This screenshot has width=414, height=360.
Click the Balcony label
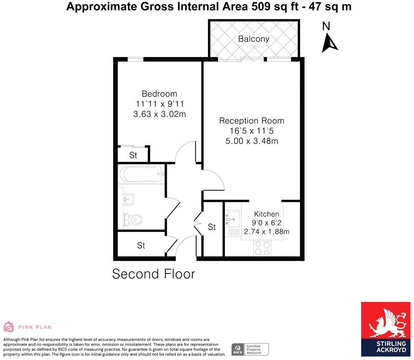click(x=254, y=39)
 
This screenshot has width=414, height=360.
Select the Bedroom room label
click(x=159, y=94)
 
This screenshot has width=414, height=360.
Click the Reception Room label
click(x=252, y=121)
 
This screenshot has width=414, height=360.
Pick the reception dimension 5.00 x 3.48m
click(x=252, y=141)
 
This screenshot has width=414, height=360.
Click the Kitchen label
click(x=267, y=214)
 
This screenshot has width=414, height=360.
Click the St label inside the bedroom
click(x=133, y=156)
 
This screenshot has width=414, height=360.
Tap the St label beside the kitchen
click(x=212, y=227)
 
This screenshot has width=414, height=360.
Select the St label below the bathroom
click(x=141, y=246)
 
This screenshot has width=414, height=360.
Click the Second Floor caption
click(x=154, y=274)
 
